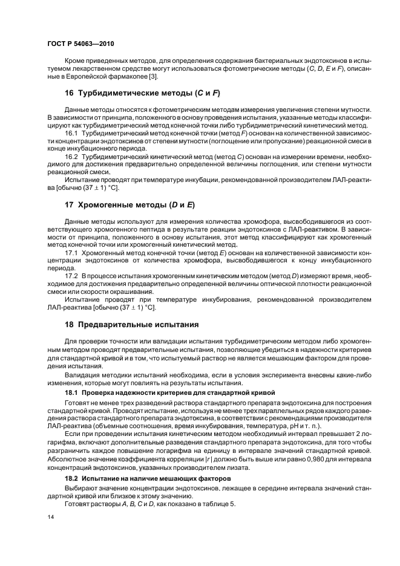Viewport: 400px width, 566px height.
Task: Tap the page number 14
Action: pyautogui.click(x=50, y=518)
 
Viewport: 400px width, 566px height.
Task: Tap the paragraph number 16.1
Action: pyautogui.click(x=73, y=132)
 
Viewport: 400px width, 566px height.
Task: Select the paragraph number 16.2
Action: pyautogui.click(x=73, y=155)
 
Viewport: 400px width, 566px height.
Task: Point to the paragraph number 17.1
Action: pyautogui.click(x=73, y=252)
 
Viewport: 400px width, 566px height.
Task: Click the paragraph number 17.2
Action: pyautogui.click(x=73, y=275)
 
